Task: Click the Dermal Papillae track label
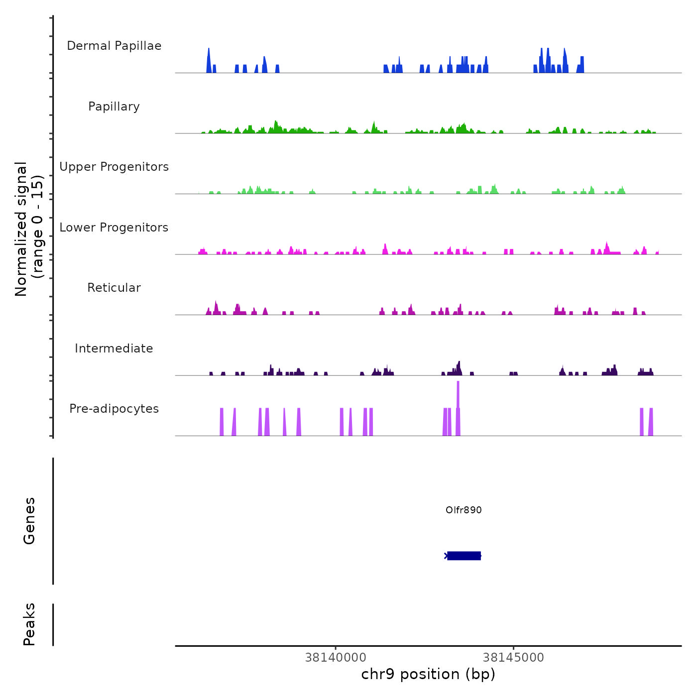coord(114,46)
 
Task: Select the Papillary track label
coord(114,107)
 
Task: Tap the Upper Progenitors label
coord(114,167)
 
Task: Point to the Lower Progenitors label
coord(114,228)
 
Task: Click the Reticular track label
coord(114,288)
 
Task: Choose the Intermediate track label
coord(114,348)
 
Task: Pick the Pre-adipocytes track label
coord(114,409)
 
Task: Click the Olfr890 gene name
coord(464,510)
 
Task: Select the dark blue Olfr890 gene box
coord(464,556)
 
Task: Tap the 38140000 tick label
coord(336,658)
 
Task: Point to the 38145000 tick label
coord(513,658)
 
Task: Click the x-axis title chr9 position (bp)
coord(428,674)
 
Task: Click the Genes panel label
coord(29,521)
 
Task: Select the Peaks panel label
coord(29,624)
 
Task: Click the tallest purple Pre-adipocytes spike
coord(458,398)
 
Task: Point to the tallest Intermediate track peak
coord(459,367)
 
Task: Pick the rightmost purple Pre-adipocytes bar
coord(651,422)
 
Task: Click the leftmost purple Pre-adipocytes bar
coord(222,422)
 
